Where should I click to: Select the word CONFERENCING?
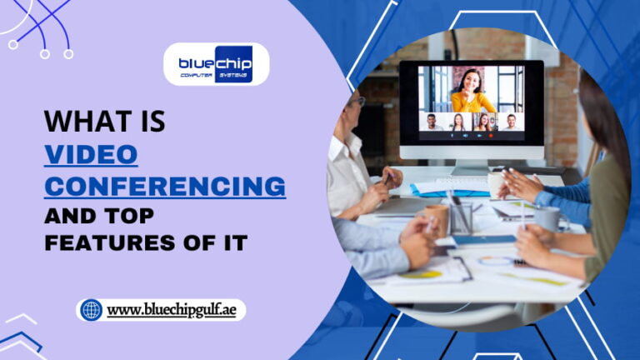(x=164, y=184)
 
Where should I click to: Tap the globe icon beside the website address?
(x=91, y=310)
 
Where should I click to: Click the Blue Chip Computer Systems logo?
(x=216, y=64)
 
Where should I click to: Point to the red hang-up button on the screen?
(x=490, y=135)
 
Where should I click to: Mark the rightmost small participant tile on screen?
(x=511, y=122)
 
